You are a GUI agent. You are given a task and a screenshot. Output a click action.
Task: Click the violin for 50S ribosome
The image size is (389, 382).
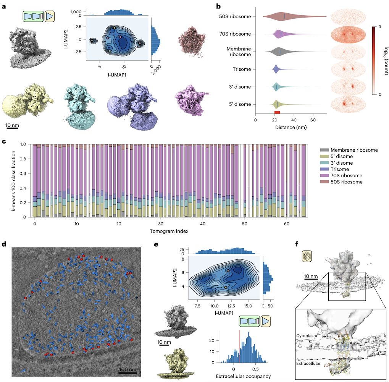click(x=290, y=16)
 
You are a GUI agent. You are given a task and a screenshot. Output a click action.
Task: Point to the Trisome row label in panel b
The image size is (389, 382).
click(x=240, y=69)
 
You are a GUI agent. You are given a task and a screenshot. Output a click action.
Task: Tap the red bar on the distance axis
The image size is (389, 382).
click(x=277, y=112)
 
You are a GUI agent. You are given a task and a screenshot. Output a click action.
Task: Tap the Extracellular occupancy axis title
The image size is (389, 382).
click(x=243, y=376)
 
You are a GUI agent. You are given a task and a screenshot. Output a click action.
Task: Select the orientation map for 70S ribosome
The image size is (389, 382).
click(x=347, y=34)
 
